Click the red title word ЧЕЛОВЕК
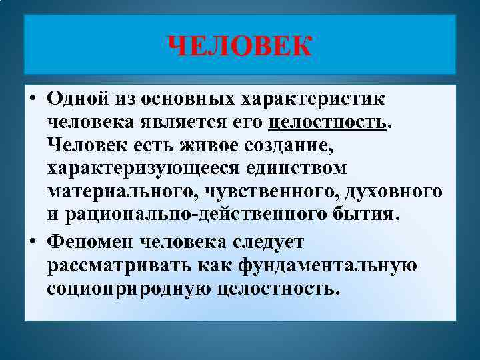239,47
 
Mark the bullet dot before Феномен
33,241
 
